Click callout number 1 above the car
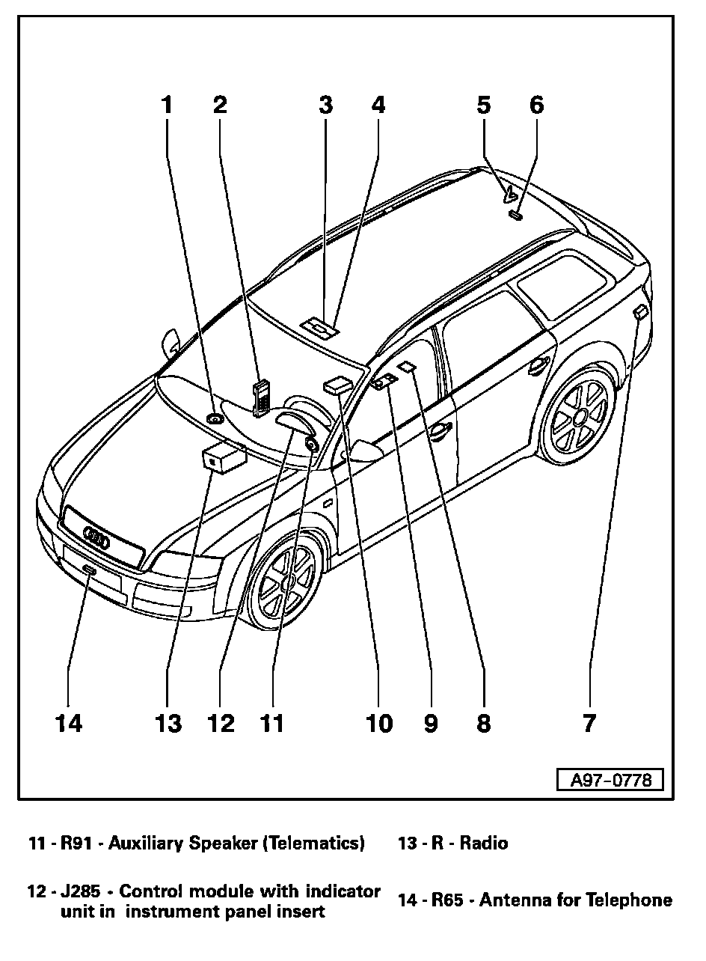pyautogui.click(x=168, y=104)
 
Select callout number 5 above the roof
pyautogui.click(x=484, y=104)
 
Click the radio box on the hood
pyautogui.click(x=223, y=457)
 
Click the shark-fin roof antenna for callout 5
pyautogui.click(x=511, y=194)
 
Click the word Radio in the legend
pyautogui.click(x=484, y=843)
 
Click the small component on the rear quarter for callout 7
pyautogui.click(x=640, y=312)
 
